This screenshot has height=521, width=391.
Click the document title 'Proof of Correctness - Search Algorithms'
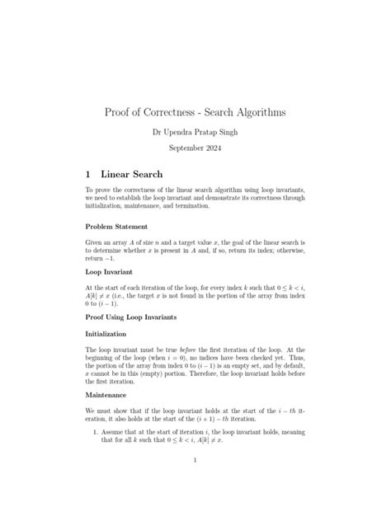coord(195,111)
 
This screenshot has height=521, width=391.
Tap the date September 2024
coord(195,148)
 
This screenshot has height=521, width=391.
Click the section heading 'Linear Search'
coord(131,175)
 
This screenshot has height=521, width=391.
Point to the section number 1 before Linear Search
coord(88,175)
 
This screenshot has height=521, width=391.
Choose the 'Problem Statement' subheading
coord(116,226)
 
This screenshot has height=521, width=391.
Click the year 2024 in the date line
coord(210,148)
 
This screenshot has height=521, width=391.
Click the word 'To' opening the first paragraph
coord(90,190)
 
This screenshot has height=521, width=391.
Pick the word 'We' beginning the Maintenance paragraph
coord(91,410)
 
